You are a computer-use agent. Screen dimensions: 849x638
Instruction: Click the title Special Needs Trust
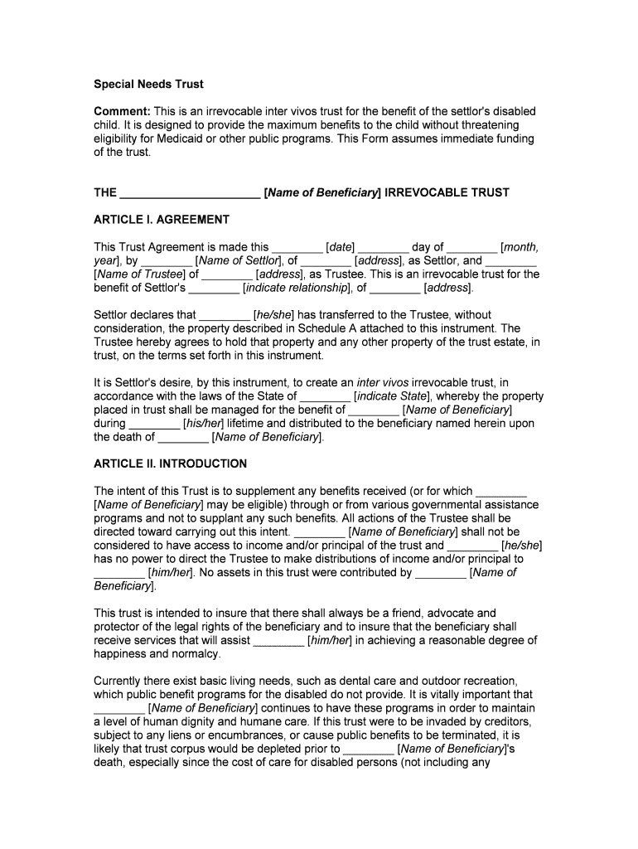148,85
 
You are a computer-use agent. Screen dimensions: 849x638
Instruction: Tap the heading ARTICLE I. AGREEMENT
162,220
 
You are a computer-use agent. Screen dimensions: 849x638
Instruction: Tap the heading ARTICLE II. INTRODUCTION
170,463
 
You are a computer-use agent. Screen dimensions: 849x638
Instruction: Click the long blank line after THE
190,193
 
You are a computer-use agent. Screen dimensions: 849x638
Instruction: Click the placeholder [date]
341,247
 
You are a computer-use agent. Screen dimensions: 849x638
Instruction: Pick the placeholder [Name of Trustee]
139,274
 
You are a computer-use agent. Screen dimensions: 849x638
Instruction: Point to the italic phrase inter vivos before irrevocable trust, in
383,383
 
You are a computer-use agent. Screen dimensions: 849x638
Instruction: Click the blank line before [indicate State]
326,396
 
